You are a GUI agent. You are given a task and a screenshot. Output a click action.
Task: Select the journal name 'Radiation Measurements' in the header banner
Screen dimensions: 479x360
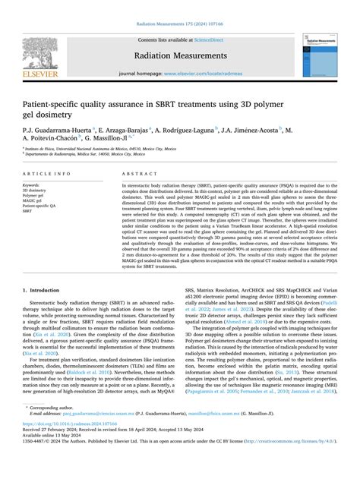click(179, 54)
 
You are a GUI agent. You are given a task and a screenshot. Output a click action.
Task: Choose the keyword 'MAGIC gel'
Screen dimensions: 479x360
click(35, 200)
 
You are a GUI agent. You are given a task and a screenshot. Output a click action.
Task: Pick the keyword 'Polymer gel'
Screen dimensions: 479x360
click(36, 195)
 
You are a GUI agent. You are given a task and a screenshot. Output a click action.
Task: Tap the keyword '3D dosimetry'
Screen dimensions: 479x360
click(36, 190)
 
